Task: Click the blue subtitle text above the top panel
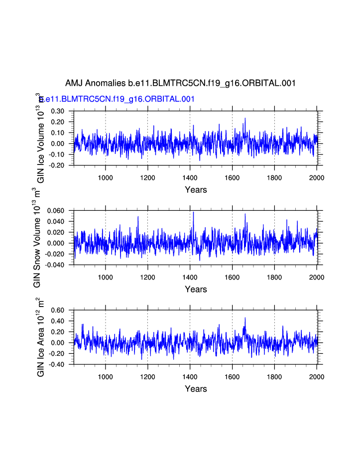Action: [117, 99]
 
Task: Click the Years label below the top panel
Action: [196, 190]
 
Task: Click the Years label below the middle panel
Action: [196, 290]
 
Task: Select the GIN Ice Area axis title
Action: [41, 337]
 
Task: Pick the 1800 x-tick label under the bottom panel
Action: [274, 376]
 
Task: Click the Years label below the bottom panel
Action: [196, 389]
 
